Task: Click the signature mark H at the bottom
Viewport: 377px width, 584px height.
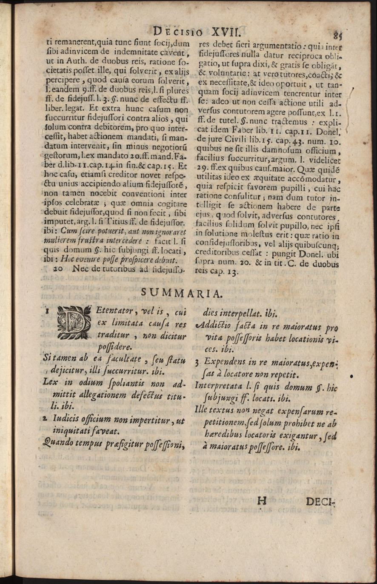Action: [x=262, y=501]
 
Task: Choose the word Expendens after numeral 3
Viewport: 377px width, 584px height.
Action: [x=226, y=363]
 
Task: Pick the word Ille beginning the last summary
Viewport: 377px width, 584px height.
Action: [x=203, y=411]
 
